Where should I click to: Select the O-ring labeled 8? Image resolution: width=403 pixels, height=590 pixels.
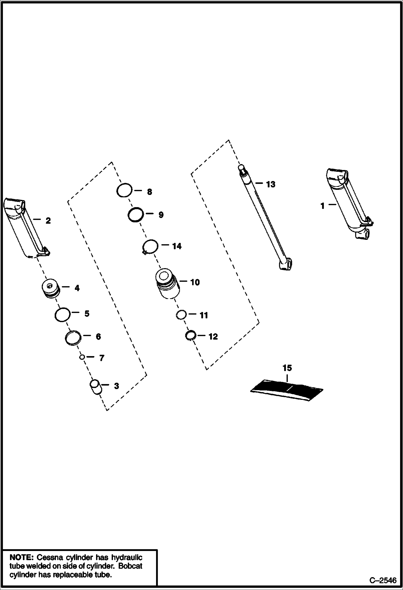pos(124,191)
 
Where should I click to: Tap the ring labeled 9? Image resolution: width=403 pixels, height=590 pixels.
pos(135,215)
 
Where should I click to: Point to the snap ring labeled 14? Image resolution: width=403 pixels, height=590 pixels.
pos(150,246)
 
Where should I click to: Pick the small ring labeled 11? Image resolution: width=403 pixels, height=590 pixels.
pos(181,315)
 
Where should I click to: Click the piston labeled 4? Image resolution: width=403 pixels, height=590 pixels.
pos(51,289)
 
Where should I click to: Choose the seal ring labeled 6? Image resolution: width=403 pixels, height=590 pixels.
pos(73,337)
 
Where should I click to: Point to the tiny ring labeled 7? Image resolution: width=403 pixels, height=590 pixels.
pos(82,357)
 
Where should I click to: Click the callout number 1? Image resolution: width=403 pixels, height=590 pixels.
pos(322,206)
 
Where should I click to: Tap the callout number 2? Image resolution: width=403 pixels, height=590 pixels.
pos(48,221)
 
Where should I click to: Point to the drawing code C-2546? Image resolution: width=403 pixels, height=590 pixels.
pos(383,581)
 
